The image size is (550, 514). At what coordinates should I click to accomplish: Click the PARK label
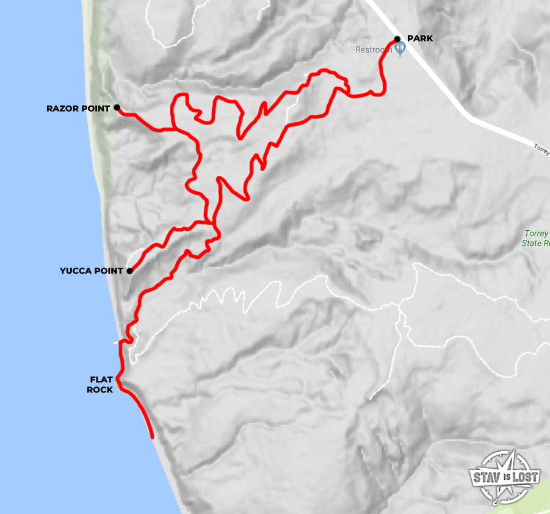[x=420, y=38]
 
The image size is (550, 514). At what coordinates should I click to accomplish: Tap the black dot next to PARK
[x=397, y=39]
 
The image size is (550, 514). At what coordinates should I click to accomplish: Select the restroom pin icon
[x=400, y=50]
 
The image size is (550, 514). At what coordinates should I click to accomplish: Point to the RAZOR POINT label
[x=78, y=109]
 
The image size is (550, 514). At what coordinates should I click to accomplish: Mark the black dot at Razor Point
[x=117, y=108]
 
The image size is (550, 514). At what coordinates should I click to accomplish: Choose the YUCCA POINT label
[x=92, y=271]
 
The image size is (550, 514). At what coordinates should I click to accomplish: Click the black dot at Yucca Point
[x=129, y=271]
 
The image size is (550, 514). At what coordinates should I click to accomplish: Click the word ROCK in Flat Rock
[x=100, y=389]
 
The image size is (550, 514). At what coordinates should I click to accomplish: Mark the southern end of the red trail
[x=151, y=436]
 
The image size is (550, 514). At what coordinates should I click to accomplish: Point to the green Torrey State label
[x=536, y=238]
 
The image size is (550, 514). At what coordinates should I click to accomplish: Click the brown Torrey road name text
[x=541, y=148]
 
